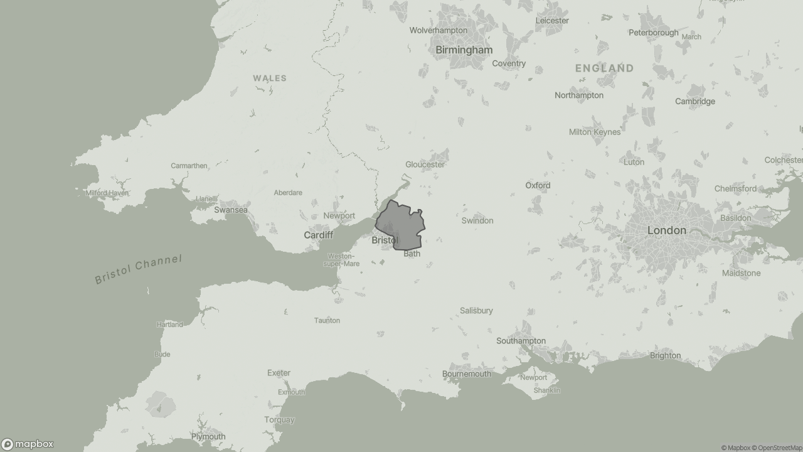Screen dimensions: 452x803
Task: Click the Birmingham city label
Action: tap(464, 50)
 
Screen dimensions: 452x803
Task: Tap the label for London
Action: tap(666, 230)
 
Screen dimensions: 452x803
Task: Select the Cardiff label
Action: tap(318, 235)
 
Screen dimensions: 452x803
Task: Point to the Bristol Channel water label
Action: tap(138, 269)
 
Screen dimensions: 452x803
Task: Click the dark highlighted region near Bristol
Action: tap(405, 226)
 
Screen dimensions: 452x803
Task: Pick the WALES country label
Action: tap(270, 78)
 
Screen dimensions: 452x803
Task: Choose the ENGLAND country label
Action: tap(604, 68)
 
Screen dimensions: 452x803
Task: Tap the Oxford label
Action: tap(538, 185)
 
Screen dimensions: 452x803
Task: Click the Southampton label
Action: tap(521, 341)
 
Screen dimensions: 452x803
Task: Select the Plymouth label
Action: tap(208, 436)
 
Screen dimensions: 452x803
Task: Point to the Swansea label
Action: tap(231, 210)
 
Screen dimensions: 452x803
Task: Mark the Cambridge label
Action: tap(694, 101)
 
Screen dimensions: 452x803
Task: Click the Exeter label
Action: tap(279, 372)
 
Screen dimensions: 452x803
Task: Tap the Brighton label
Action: tap(665, 355)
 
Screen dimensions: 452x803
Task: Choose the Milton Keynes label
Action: tap(594, 132)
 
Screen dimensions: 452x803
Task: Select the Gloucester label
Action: tap(425, 164)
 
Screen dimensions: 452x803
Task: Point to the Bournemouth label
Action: tap(467, 374)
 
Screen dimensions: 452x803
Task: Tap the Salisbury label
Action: tap(476, 310)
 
